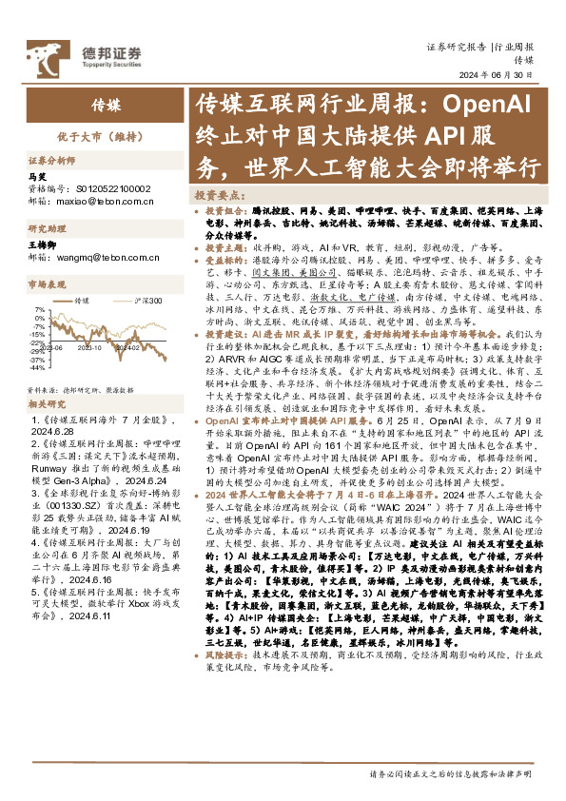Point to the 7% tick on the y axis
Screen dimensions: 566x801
click(37, 309)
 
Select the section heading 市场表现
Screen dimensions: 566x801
click(49, 283)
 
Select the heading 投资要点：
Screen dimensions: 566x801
click(214, 192)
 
